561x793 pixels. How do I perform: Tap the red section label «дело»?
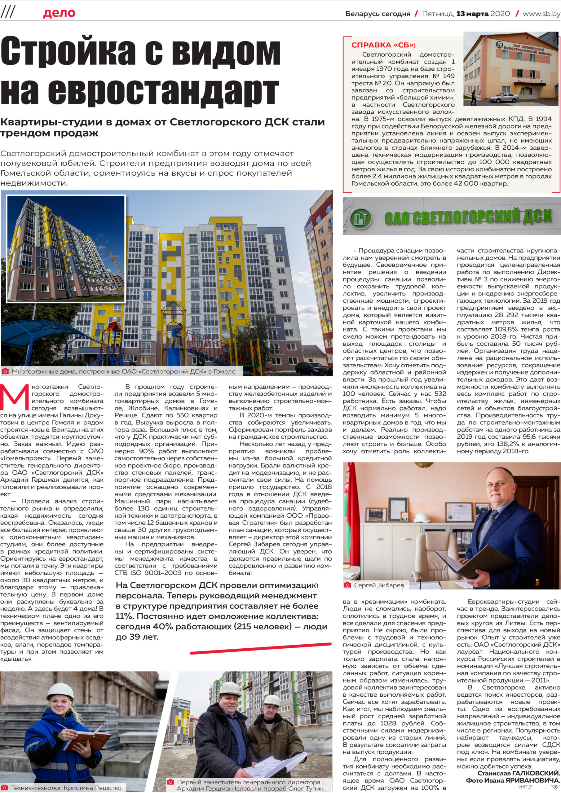click(59, 13)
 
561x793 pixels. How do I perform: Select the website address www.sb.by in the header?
click(541, 14)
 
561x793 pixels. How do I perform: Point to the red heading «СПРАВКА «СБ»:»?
click(383, 45)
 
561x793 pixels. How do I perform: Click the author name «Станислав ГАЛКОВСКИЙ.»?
click(518, 773)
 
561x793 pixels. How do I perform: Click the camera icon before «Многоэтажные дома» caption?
click(5, 371)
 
